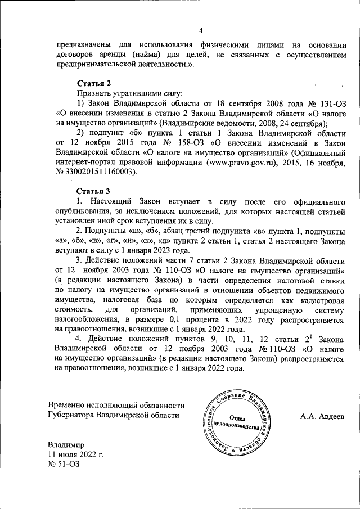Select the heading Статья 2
pyautogui.click(x=93, y=83)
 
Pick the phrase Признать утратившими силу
pyautogui.click(x=129, y=93)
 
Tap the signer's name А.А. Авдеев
pyautogui.click(x=324, y=416)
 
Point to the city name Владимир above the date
pyautogui.click(x=66, y=444)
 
